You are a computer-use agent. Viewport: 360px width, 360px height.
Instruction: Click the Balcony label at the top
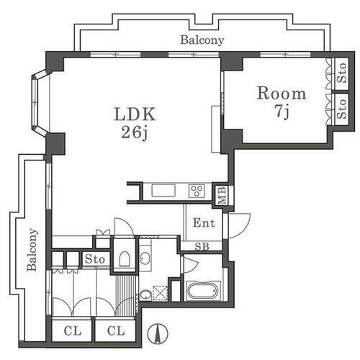[x=202, y=41]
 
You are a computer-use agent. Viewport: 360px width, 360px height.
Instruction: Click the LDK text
[x=134, y=114]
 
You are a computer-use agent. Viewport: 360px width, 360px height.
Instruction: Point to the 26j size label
[x=135, y=132]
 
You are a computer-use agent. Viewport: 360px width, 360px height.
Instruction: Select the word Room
[x=282, y=93]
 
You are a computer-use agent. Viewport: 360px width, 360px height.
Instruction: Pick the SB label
[x=204, y=246]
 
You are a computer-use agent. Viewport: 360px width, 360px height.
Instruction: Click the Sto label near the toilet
[x=96, y=259]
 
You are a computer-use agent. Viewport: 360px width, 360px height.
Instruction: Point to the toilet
[x=123, y=258]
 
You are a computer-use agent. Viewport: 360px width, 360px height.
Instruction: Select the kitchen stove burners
[x=197, y=191]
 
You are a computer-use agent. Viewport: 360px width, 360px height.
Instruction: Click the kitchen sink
[x=162, y=191]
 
